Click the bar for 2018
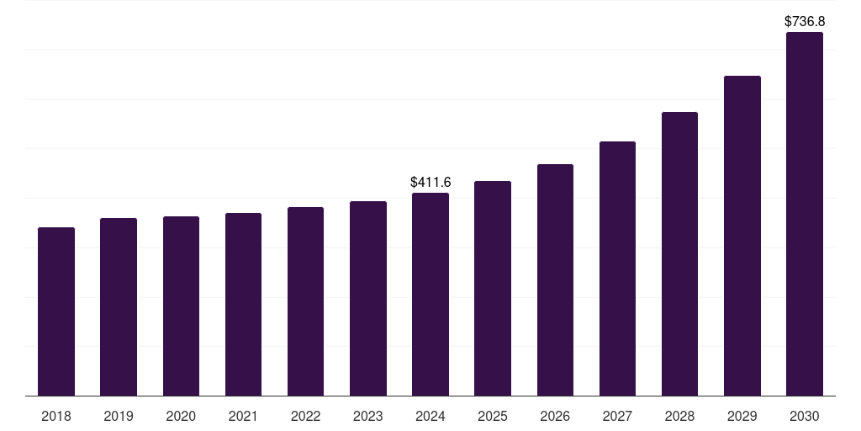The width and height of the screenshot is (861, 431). coord(56,311)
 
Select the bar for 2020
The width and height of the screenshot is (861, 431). coord(181,306)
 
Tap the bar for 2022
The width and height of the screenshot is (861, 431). coord(305,301)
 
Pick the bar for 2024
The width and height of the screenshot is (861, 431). coord(430,294)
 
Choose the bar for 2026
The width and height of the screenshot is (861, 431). coord(555,279)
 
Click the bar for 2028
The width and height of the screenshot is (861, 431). coord(679,253)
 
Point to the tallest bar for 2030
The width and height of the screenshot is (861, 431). coord(805,214)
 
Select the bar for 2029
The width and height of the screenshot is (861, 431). coord(742,236)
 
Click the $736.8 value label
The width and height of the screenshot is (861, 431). coord(805,20)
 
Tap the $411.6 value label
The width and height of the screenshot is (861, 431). coord(430,182)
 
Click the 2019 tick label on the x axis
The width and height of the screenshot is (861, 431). coord(119,416)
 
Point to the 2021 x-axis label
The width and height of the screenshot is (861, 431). coord(243,416)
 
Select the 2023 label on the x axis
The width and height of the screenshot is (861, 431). coord(368,416)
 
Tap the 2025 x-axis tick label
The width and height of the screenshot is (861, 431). coord(493,416)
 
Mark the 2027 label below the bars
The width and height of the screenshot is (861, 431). coord(617,416)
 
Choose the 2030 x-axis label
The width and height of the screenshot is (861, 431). coord(805,416)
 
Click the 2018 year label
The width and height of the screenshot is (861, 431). coord(56,416)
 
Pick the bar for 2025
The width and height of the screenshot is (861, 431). coord(493,288)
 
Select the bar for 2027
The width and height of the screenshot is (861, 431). coord(617,269)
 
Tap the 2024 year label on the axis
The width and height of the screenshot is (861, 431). coord(430,416)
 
